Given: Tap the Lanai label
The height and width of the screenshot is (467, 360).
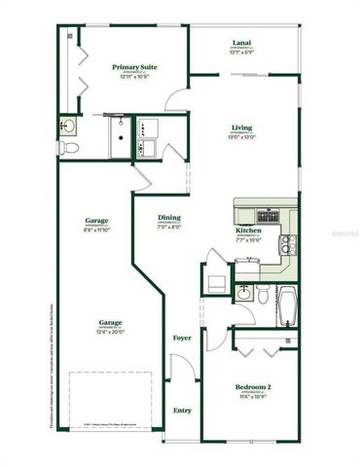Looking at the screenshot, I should (241, 43).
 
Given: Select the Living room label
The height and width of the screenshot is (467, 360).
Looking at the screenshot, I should (241, 128).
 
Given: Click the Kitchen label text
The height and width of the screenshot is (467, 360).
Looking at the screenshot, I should (247, 231).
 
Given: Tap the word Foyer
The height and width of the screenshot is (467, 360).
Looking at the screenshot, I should (182, 338).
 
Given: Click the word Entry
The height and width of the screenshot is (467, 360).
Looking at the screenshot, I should (182, 410).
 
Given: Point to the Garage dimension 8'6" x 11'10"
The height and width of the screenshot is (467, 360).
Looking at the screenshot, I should (95, 230).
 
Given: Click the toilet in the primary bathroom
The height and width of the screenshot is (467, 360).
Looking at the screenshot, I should (67, 148).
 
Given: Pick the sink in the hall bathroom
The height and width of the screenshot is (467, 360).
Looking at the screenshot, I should (242, 292).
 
